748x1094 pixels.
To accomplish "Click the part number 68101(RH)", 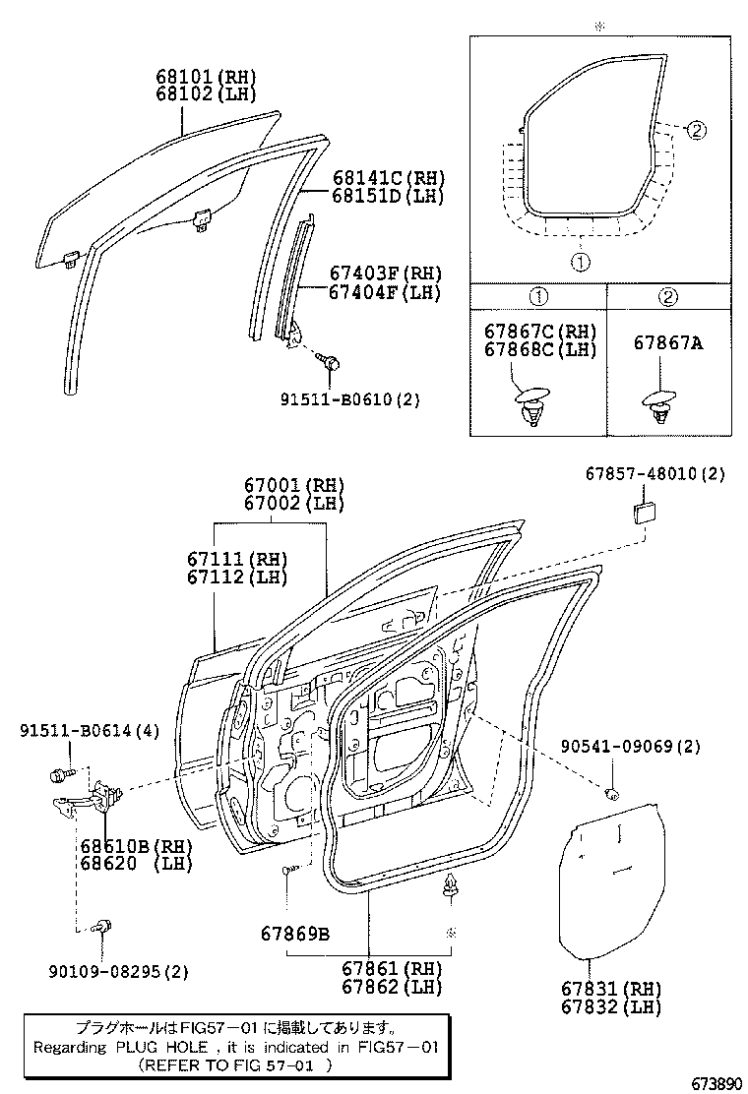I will [205, 76].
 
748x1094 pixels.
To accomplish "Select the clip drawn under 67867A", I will [659, 406].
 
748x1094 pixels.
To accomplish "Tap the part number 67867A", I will [667, 343].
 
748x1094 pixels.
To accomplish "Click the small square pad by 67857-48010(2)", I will [647, 512].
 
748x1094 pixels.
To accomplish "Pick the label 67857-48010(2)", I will [654, 474].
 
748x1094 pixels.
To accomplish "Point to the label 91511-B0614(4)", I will [87, 729].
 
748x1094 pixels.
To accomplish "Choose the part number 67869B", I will [295, 933].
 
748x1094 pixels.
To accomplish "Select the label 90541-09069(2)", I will [631, 747].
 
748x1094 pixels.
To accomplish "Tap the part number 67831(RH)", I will [612, 989].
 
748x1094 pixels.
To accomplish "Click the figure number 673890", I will [714, 1082].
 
